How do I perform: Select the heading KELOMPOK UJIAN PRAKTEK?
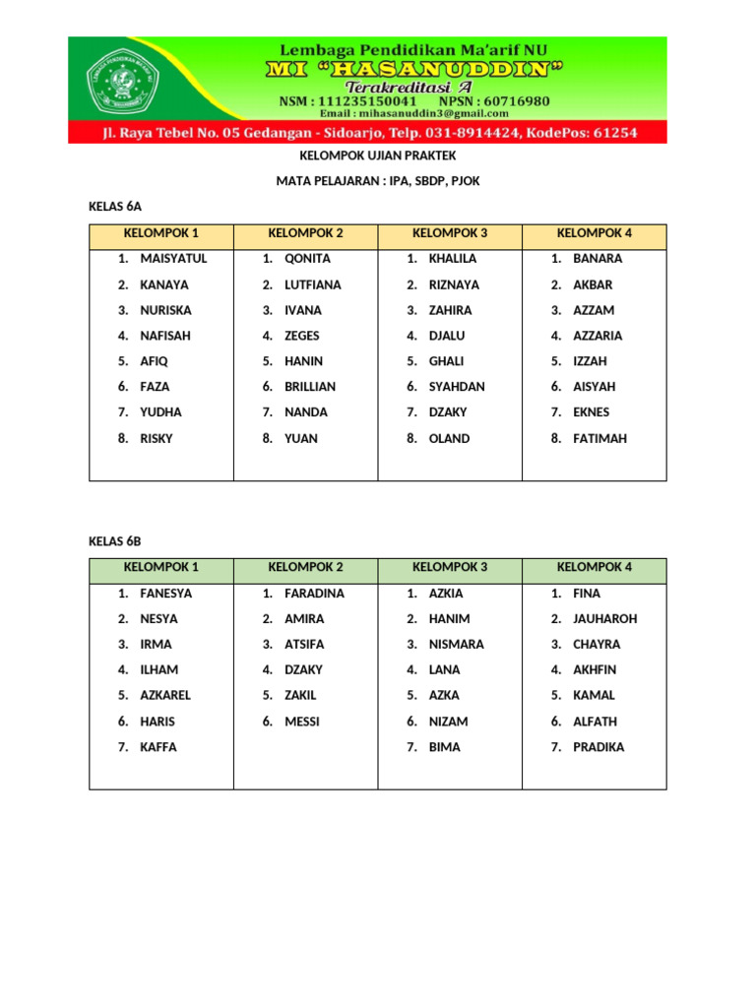(377, 156)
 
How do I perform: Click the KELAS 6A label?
(115, 207)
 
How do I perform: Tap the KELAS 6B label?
(115, 541)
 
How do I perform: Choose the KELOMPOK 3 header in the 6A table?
(450, 233)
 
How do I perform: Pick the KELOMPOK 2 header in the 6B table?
(305, 567)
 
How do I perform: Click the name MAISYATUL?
(173, 259)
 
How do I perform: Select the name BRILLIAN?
(310, 387)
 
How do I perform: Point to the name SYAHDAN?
(457, 387)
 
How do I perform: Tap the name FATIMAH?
(599, 438)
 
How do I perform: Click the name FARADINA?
(314, 594)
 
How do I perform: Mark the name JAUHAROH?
(604, 619)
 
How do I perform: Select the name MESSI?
(302, 722)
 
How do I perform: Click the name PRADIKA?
(598, 747)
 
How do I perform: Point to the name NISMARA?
(456, 645)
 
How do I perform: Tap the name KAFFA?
(158, 747)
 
